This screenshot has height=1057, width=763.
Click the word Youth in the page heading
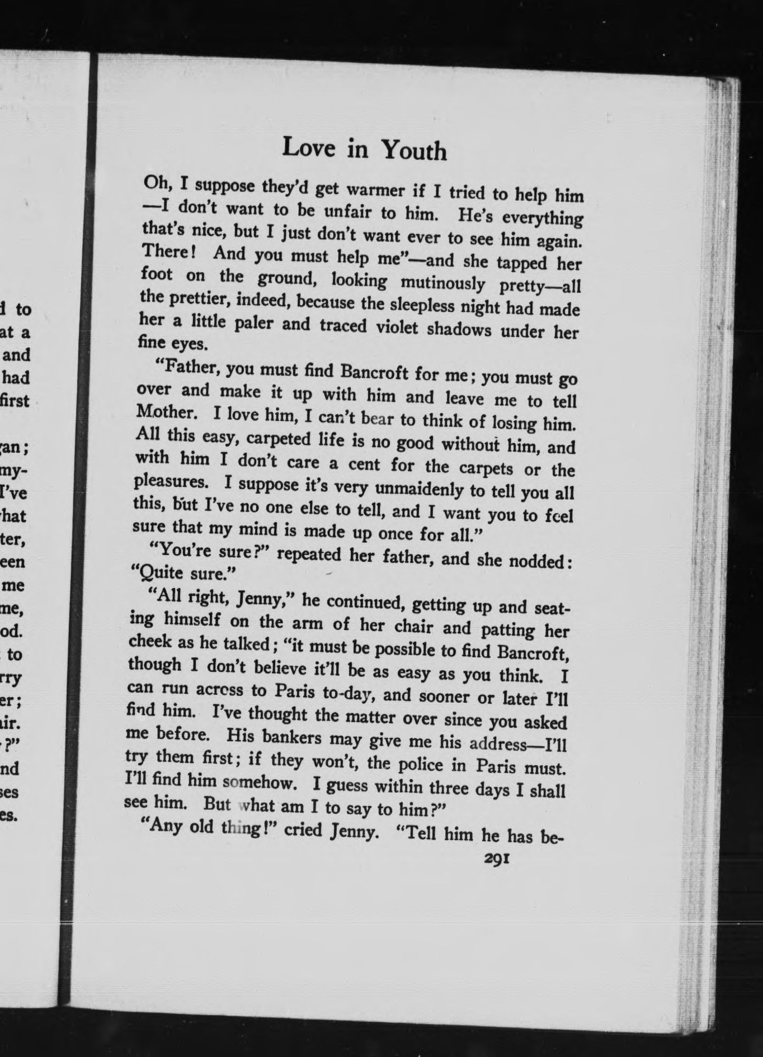tap(414, 150)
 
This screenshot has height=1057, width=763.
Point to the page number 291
tap(496, 859)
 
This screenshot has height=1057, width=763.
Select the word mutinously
tap(443, 283)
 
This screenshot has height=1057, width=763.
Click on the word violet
tap(397, 326)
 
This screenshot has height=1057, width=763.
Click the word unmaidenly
tap(420, 489)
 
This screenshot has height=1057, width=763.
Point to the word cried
tap(303, 830)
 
